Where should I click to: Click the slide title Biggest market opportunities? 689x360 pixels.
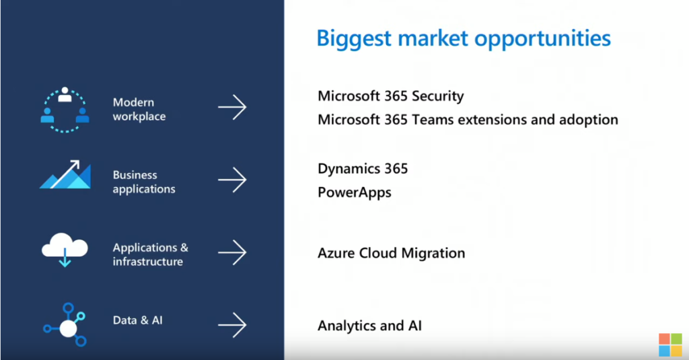pyautogui.click(x=464, y=39)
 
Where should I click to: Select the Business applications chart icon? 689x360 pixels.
pyautogui.click(x=65, y=174)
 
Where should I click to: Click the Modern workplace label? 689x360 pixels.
pyautogui.click(x=139, y=109)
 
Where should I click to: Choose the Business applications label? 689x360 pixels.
pyautogui.click(x=144, y=182)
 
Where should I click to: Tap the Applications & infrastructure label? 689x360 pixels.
pyautogui.click(x=150, y=254)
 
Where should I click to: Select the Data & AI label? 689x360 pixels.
pyautogui.click(x=137, y=320)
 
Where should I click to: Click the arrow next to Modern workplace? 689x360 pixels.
pyautogui.click(x=232, y=107)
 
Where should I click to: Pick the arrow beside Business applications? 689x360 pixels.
pyautogui.click(x=232, y=180)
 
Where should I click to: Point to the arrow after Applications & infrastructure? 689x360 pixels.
pyautogui.click(x=232, y=252)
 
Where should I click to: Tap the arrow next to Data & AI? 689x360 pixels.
pyautogui.click(x=232, y=325)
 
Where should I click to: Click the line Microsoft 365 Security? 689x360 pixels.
pyautogui.click(x=391, y=96)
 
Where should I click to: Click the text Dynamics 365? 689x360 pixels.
pyautogui.click(x=363, y=169)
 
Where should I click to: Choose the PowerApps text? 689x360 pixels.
pyautogui.click(x=355, y=192)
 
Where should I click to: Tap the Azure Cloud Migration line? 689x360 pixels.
pyautogui.click(x=391, y=253)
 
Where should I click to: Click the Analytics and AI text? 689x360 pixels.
pyautogui.click(x=369, y=326)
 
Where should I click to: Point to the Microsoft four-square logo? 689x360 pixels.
pyautogui.click(x=670, y=344)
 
